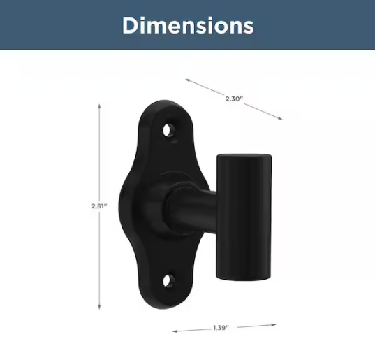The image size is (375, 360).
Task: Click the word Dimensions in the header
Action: [x=187, y=26]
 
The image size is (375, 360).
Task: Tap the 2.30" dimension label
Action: [x=234, y=99]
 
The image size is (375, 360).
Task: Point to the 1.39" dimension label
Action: [x=222, y=326]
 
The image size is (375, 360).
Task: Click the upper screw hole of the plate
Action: [x=168, y=129]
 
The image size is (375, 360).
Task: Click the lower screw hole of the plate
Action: [x=169, y=281]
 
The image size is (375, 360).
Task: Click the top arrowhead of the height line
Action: [x=99, y=106]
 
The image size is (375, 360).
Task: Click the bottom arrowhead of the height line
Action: [x=99, y=308]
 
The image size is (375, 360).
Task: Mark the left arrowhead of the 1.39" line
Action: [x=175, y=330]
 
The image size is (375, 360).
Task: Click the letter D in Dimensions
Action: [x=131, y=26]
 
